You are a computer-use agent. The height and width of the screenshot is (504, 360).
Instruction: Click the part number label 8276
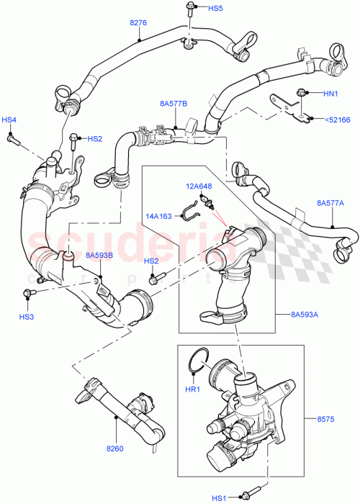pyautogui.click(x=138, y=23)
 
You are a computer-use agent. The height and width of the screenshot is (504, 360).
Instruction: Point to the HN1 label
pyautogui.click(x=330, y=93)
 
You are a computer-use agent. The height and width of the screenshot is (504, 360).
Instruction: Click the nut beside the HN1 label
pyautogui.click(x=302, y=92)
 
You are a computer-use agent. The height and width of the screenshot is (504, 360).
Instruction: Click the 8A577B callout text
pyautogui.click(x=174, y=104)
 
